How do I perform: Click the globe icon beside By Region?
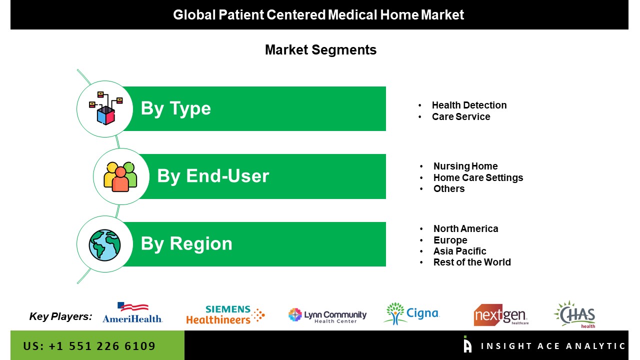[x=104, y=245]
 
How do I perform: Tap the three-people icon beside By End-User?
[x=120, y=176]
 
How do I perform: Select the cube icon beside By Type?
[x=105, y=108]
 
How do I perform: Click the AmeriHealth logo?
[x=132, y=313]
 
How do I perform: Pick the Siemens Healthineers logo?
[x=225, y=315]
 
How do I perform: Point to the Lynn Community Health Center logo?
[x=327, y=315]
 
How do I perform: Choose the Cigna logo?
[x=411, y=313]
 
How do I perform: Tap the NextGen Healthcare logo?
[x=501, y=315]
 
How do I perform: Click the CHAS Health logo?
[x=575, y=314]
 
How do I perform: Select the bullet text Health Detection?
[x=469, y=105]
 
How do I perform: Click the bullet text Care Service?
[x=461, y=116]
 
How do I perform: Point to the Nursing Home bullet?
[x=465, y=166]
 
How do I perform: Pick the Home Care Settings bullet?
[x=478, y=177]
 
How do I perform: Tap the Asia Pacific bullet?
[x=459, y=251]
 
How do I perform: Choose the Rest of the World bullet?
[x=472, y=262]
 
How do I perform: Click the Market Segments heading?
[x=320, y=49]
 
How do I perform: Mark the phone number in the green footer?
[x=89, y=346]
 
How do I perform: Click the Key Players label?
[x=60, y=316]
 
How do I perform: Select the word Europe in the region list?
[x=450, y=240]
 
